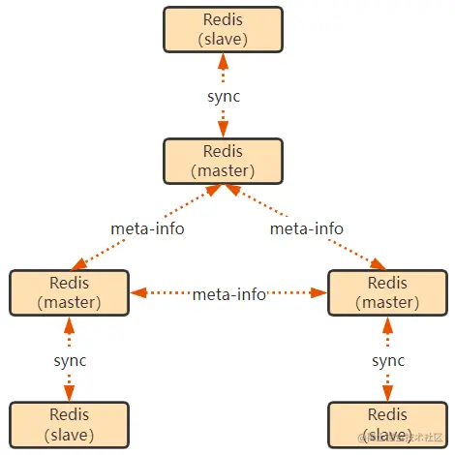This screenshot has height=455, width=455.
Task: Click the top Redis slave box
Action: pyautogui.click(x=223, y=30)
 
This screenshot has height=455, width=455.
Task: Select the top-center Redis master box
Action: pyautogui.click(x=223, y=161)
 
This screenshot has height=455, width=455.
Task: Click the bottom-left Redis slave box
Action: pyautogui.click(x=69, y=424)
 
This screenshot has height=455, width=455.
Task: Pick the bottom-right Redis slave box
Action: pyautogui.click(x=387, y=424)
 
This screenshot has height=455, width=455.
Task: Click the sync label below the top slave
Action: pyautogui.click(x=223, y=97)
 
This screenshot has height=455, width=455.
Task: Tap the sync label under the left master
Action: pyautogui.click(x=69, y=360)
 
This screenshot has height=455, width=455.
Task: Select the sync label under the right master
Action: pyautogui.click(x=387, y=360)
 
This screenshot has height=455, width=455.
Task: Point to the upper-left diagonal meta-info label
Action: pyautogui.click(x=146, y=228)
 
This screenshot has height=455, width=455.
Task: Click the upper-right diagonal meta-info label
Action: pyautogui.click(x=306, y=228)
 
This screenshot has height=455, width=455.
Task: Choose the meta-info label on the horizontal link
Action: pyautogui.click(x=228, y=293)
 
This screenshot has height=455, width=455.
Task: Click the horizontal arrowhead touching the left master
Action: pyautogui.click(x=136, y=292)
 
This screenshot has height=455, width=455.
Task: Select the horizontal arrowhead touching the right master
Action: pyautogui.click(x=319, y=292)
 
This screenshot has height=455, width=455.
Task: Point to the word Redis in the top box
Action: pyautogui.click(x=223, y=20)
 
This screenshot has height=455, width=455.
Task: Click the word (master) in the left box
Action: pyautogui.click(x=69, y=301)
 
